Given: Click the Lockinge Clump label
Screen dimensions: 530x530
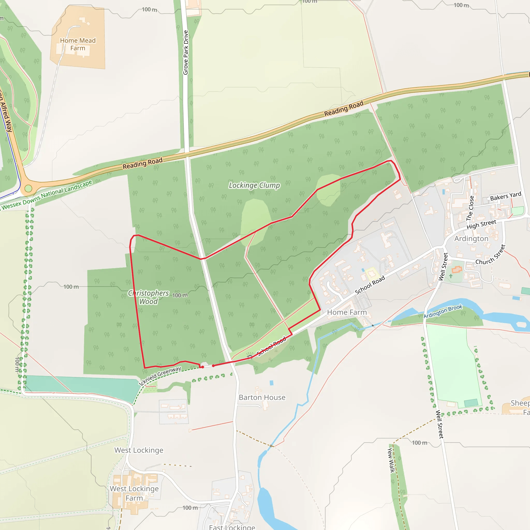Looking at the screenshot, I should point(254,186).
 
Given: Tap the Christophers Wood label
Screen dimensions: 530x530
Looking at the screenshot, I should point(148,297).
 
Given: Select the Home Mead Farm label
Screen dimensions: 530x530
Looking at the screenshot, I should point(78,45).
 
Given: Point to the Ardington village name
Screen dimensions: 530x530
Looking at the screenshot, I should point(471,238).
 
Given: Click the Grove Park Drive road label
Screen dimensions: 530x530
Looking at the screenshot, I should point(186,52).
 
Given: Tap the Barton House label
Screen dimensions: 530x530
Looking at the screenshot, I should point(262,397).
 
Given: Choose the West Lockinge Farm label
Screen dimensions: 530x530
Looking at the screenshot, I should point(134,493).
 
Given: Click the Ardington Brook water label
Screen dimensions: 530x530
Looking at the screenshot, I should point(443,311).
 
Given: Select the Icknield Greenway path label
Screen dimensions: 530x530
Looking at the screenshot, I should point(160,376).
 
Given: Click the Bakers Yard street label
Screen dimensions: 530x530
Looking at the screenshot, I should point(505,196).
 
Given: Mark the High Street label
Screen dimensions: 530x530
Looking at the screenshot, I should point(481,224).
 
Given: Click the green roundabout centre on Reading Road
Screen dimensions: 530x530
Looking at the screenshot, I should point(28,188).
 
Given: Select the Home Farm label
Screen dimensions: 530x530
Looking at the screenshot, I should point(347,312).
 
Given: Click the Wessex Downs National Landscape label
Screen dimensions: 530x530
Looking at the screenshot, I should point(47,195).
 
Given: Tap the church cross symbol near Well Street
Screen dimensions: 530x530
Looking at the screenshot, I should point(451,276).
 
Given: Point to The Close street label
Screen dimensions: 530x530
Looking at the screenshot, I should point(470,208).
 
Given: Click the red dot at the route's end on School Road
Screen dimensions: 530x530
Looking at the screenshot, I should point(214,366).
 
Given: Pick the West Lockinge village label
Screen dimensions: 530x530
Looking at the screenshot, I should point(138,450).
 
